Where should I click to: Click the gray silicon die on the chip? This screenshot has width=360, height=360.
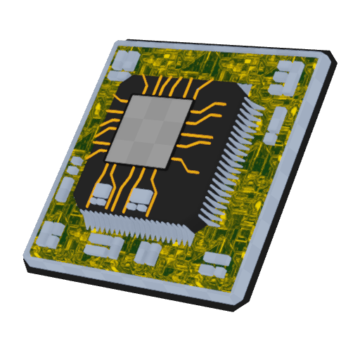(x=149, y=131)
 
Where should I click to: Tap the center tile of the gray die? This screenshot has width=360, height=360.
(x=149, y=131)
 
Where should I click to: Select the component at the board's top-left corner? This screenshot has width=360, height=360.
(x=124, y=61)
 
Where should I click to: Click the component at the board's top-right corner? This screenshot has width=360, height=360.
(x=287, y=76)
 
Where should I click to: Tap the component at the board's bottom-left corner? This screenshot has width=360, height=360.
(x=51, y=236)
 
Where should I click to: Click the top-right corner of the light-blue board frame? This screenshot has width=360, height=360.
(x=325, y=56)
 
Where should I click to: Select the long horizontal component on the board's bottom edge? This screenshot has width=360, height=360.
(x=103, y=246)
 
